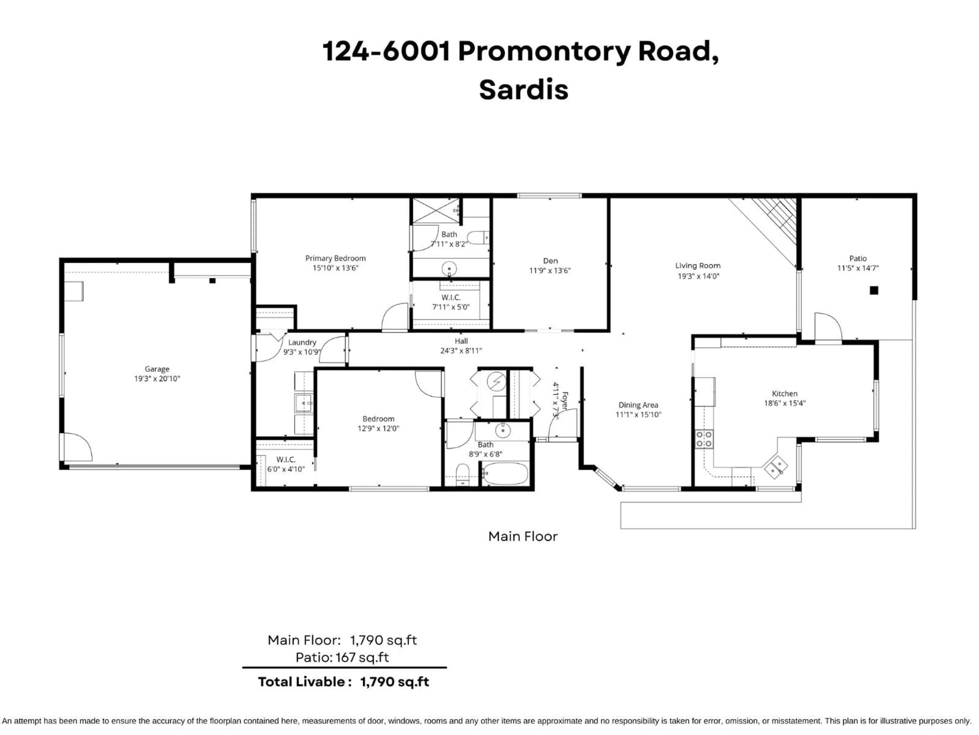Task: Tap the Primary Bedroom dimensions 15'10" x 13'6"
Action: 336,268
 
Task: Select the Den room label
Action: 550,261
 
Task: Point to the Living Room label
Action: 698,266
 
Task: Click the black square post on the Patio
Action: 874,291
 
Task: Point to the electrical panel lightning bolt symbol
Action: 496,381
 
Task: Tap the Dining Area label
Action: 638,405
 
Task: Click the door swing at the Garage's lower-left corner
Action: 78,447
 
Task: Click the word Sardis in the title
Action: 524,90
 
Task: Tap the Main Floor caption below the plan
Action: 523,536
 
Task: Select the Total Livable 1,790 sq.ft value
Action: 394,682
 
